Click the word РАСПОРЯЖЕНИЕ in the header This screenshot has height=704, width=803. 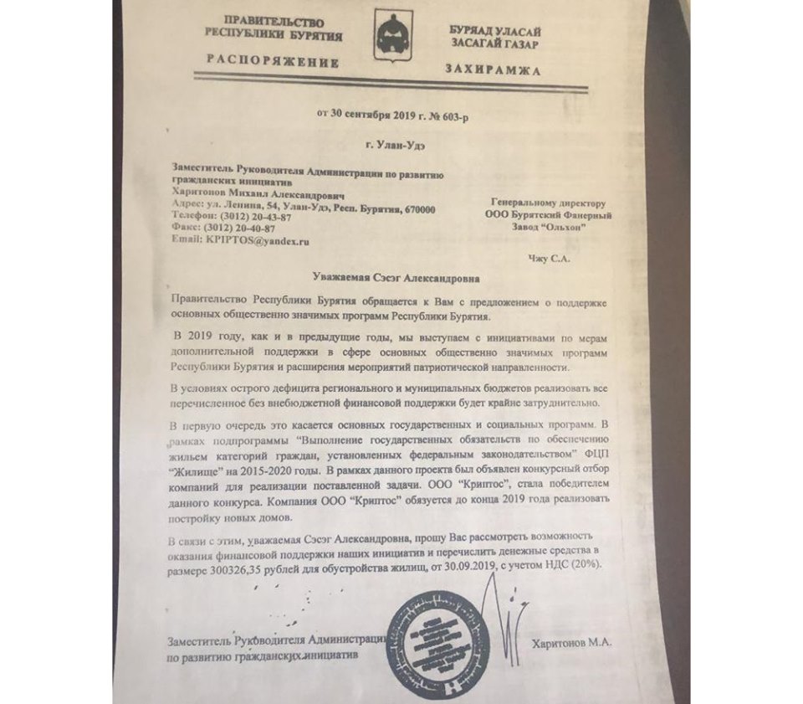click(x=273, y=62)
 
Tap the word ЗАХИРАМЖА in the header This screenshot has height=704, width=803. click(x=494, y=69)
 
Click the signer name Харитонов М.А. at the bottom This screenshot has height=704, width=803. click(x=573, y=642)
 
